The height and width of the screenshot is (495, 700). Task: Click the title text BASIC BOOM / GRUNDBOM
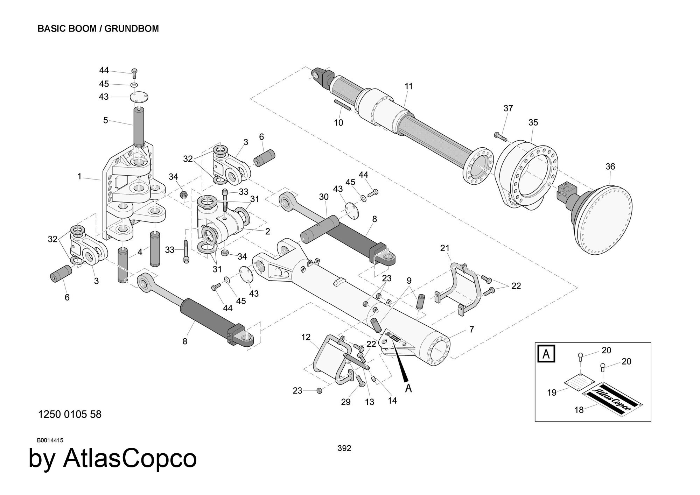98,29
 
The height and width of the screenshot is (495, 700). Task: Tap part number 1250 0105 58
70,414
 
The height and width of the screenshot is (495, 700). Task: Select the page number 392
344,448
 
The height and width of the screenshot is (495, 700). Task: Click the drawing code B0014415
50,440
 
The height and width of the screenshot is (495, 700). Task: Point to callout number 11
409,86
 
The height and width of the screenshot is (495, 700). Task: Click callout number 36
610,167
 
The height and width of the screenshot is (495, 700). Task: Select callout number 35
533,122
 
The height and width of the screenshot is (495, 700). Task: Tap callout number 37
508,108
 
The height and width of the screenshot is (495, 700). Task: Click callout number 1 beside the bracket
79,177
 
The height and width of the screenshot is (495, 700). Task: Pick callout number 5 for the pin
105,120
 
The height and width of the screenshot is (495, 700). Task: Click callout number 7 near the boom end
471,329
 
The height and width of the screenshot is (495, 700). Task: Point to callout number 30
324,197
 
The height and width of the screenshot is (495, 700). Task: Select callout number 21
445,248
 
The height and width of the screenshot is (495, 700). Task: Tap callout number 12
306,337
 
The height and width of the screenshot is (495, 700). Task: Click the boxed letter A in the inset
546,354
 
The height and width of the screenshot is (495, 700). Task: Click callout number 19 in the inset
552,393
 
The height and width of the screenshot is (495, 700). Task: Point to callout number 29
346,402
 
